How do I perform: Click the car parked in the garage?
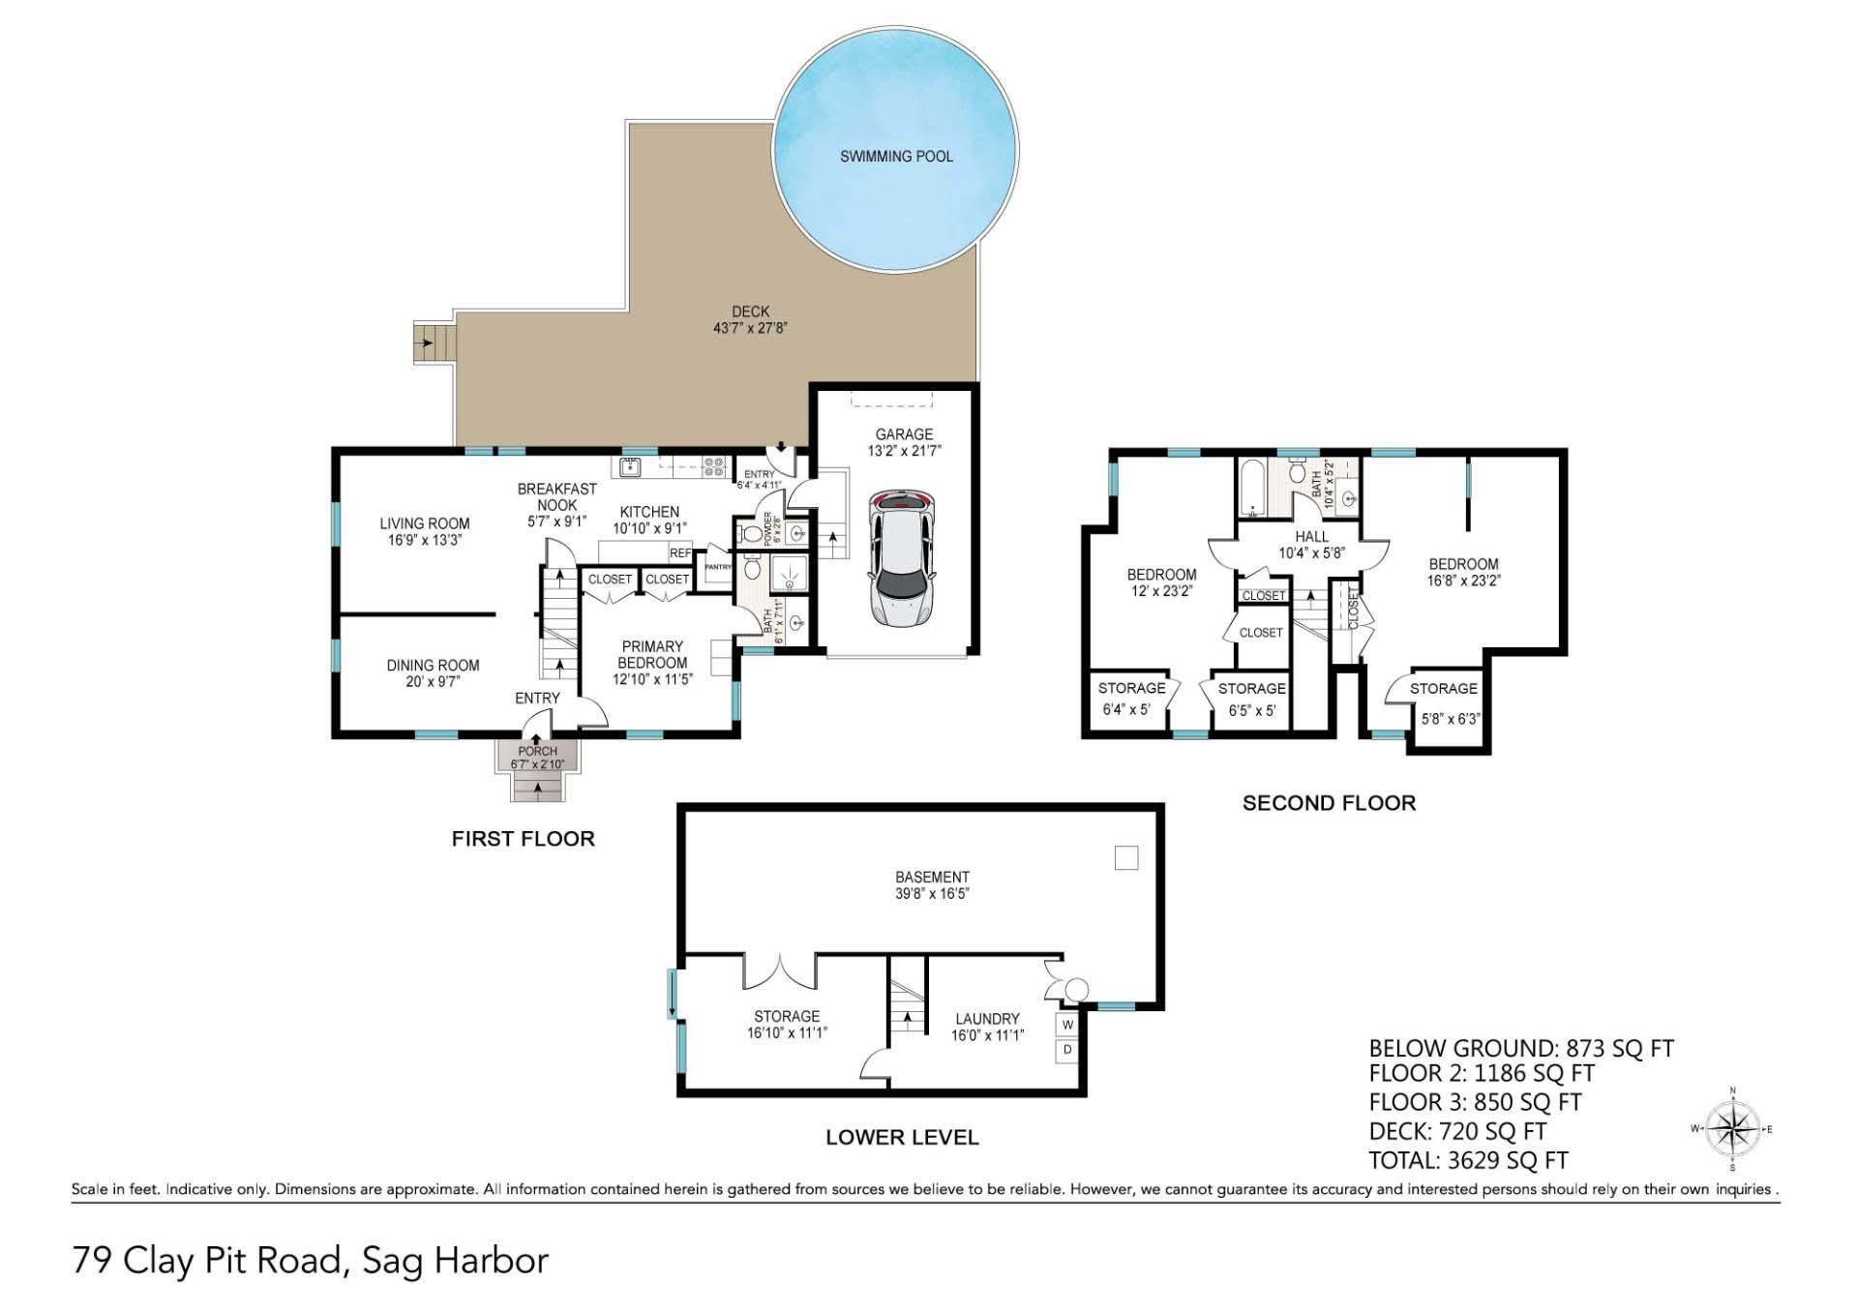(903, 557)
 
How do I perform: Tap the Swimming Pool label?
(896, 156)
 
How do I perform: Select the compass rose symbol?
(1731, 1129)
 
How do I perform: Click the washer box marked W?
(1068, 1024)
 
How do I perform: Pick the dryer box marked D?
(1068, 1049)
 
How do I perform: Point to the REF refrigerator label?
(680, 553)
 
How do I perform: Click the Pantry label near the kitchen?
(718, 567)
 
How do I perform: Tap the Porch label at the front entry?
(537, 751)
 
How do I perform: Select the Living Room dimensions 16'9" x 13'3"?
(425, 540)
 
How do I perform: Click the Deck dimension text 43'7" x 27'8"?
(750, 328)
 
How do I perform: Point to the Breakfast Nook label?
(556, 496)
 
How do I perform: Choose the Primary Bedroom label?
(652, 654)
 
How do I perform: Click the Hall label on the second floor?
(1311, 536)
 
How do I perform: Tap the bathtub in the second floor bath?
(1252, 488)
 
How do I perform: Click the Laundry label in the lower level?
(987, 1019)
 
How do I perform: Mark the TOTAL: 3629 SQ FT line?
(1468, 1160)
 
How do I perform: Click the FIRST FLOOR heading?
(523, 839)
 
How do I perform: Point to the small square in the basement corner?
(1126, 857)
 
